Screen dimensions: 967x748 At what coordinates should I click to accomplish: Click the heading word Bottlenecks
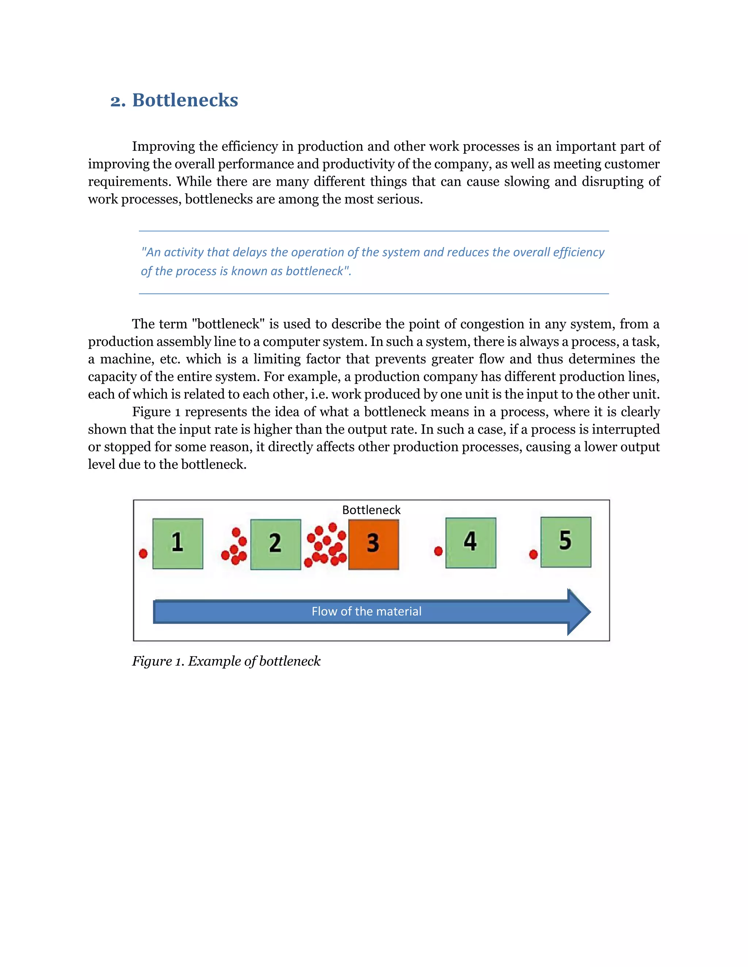click(185, 100)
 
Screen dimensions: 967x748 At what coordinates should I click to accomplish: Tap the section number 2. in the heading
click(118, 101)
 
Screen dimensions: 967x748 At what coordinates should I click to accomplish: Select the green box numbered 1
click(178, 543)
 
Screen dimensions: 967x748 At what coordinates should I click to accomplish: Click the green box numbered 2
click(276, 544)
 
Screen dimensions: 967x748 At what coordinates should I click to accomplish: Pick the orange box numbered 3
click(374, 544)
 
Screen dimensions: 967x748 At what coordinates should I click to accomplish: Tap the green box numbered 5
click(565, 542)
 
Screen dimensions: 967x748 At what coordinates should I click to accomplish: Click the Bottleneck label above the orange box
click(371, 510)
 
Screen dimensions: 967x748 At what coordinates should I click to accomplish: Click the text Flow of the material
click(366, 612)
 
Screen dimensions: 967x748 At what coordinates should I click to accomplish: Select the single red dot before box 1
click(143, 554)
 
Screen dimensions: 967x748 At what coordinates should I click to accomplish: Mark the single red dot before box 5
click(534, 554)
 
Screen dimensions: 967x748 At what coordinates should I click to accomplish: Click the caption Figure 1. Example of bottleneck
click(226, 661)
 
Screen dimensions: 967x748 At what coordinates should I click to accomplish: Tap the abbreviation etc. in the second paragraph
click(170, 359)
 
